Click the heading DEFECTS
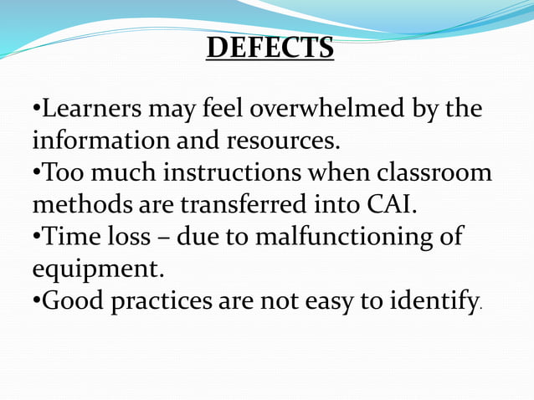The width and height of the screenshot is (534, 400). (x=270, y=48)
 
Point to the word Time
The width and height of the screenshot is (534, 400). (x=69, y=236)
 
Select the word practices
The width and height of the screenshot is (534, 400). (x=162, y=300)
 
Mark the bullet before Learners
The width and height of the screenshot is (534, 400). (x=36, y=110)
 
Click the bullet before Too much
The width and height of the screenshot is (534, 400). (x=36, y=173)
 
